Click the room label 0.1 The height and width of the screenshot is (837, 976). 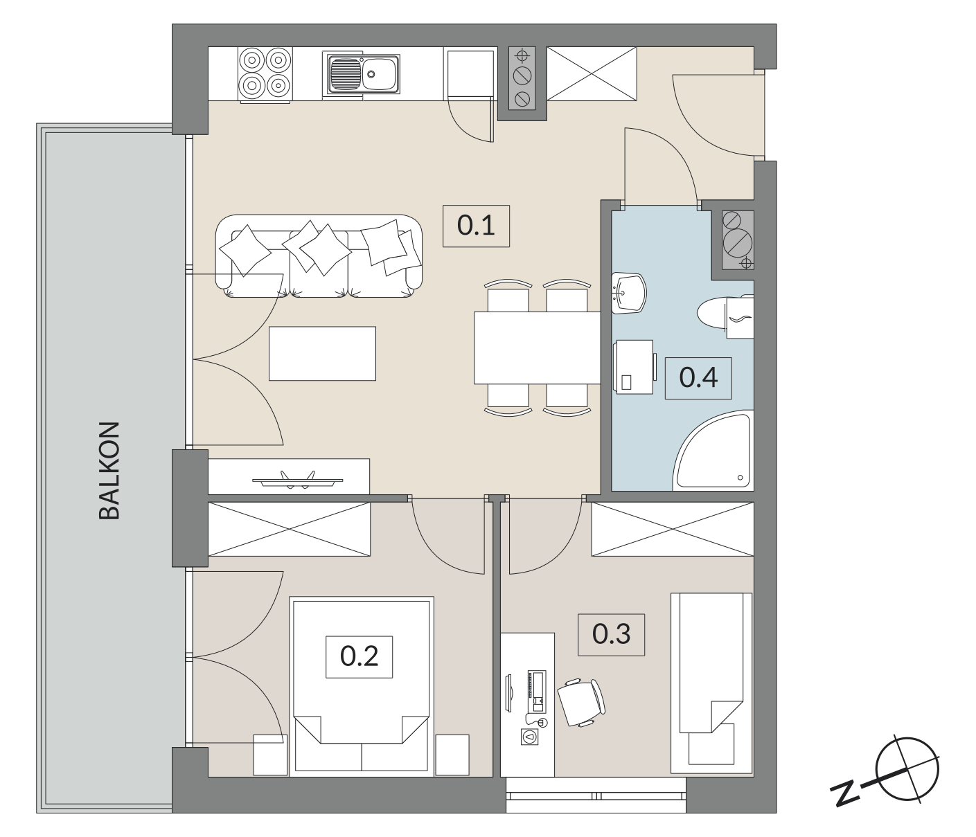click(x=476, y=226)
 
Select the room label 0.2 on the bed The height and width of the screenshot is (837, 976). click(x=359, y=657)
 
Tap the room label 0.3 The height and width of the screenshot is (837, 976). click(x=611, y=635)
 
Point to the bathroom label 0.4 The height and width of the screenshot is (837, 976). click(x=698, y=378)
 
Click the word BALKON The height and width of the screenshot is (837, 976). click(x=109, y=471)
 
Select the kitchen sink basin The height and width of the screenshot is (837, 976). click(x=361, y=74)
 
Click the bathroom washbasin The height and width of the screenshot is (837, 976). click(x=628, y=293)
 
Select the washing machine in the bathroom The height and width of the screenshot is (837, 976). click(x=634, y=367)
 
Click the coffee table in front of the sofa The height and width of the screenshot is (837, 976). click(x=323, y=353)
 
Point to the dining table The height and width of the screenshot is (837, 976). click(x=538, y=348)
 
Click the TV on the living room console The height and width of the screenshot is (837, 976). click(x=297, y=480)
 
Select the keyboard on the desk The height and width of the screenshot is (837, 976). click(x=537, y=692)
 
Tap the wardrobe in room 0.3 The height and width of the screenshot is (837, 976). click(x=673, y=529)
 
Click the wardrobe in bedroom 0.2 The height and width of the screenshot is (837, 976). click(x=289, y=529)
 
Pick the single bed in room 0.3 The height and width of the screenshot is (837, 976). click(x=711, y=685)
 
